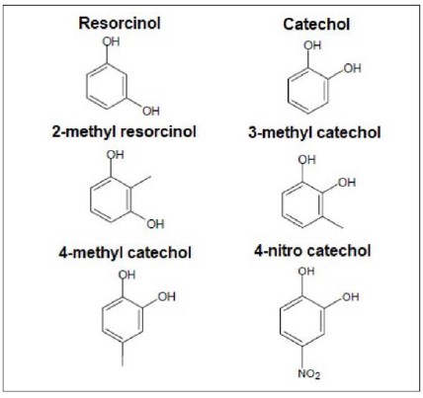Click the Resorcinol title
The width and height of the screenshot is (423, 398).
point(120,23)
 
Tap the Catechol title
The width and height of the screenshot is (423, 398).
point(316,25)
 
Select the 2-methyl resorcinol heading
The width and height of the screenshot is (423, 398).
point(125,131)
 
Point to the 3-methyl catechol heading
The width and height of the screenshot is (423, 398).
point(314,132)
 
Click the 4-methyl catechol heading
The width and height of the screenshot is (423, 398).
point(126,253)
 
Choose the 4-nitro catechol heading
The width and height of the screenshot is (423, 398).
point(312,251)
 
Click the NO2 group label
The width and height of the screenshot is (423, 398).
point(309,374)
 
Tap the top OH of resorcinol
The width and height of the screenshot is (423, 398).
point(111,41)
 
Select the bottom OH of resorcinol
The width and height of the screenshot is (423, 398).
point(151,112)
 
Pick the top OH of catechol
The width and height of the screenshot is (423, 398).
point(312,45)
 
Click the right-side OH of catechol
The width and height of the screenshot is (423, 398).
point(352,68)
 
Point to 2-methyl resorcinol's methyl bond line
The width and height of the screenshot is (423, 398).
point(141,183)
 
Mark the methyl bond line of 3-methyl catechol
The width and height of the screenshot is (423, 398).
point(333,222)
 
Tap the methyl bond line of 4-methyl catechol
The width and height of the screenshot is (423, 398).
point(123,355)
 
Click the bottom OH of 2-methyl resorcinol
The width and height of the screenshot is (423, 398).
point(155,224)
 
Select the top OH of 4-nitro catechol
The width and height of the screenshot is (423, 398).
point(306,272)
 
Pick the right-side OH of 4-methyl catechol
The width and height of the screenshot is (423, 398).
point(167,297)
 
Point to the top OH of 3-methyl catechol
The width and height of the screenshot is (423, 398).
point(307,160)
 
